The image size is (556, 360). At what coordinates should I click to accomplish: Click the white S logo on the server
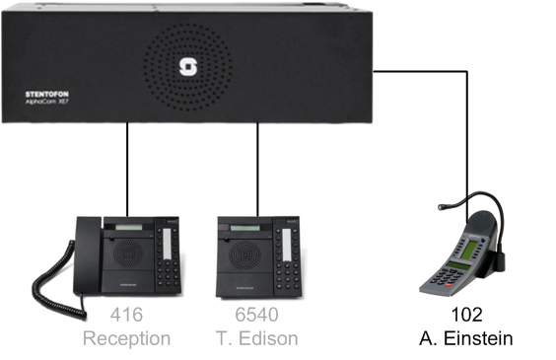tap(188, 67)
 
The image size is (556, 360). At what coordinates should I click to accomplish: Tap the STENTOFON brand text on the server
tap(47, 94)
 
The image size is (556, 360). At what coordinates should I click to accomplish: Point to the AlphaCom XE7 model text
tap(46, 102)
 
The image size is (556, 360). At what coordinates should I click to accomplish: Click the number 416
tap(126, 315)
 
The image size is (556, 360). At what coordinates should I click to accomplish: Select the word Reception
tap(126, 338)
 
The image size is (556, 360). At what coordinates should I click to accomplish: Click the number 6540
tap(257, 315)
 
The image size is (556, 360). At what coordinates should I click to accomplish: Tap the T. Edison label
tap(257, 338)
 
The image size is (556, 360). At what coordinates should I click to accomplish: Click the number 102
tap(466, 315)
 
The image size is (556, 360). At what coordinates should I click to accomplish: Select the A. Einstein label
tap(466, 338)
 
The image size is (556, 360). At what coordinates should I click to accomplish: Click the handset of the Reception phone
tap(87, 255)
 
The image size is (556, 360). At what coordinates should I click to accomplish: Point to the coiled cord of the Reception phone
tap(57, 284)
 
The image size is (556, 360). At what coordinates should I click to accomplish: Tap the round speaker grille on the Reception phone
tap(129, 253)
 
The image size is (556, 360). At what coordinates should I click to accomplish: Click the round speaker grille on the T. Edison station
tap(245, 254)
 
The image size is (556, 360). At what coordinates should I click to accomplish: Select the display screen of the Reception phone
tap(129, 227)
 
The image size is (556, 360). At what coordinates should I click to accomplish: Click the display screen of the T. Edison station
tap(245, 228)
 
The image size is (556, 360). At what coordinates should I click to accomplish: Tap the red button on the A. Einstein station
tap(449, 285)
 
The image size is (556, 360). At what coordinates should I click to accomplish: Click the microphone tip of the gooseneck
tap(442, 207)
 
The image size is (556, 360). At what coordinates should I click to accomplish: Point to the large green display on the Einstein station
tap(469, 249)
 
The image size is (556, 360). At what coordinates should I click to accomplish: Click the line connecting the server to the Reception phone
tap(127, 170)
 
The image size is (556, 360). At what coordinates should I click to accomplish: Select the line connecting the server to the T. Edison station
tap(257, 170)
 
